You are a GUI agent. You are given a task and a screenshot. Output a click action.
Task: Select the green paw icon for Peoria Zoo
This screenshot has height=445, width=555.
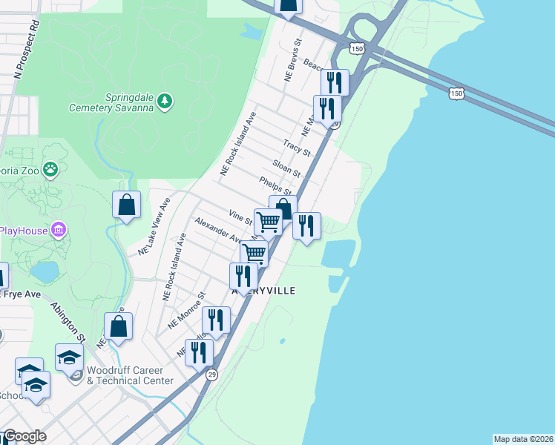(x=50, y=170)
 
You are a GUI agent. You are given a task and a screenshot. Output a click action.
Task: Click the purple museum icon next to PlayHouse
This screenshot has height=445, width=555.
(x=59, y=230)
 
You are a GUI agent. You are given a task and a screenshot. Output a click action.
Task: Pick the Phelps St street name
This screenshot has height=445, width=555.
(x=274, y=185)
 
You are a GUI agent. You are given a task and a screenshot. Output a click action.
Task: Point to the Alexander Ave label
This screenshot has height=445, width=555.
(x=218, y=230)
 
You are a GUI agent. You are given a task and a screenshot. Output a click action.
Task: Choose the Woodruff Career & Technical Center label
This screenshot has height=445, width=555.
(x=130, y=375)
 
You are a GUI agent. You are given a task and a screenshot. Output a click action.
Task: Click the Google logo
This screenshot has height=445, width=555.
(x=24, y=436)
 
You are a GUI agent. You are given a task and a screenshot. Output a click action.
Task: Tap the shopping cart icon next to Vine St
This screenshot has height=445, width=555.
(x=268, y=221)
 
